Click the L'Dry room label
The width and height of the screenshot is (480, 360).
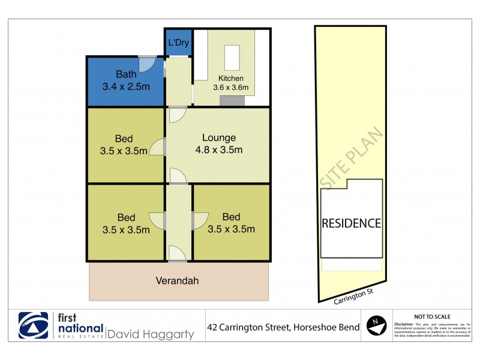(x=178, y=43)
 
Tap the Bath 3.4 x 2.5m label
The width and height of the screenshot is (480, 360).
(x=126, y=80)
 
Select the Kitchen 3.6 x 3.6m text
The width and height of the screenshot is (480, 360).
(x=231, y=83)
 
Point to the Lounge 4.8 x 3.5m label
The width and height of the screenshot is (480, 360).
(x=218, y=144)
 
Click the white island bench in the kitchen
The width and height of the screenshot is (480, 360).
(x=232, y=58)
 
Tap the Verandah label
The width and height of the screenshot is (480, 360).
(x=177, y=280)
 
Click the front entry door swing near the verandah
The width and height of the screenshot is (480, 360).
(x=178, y=253)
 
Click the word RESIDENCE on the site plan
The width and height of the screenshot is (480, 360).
(x=352, y=223)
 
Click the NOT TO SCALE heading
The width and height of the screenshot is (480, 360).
(x=433, y=316)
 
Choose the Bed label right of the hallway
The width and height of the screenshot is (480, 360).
(x=231, y=223)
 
